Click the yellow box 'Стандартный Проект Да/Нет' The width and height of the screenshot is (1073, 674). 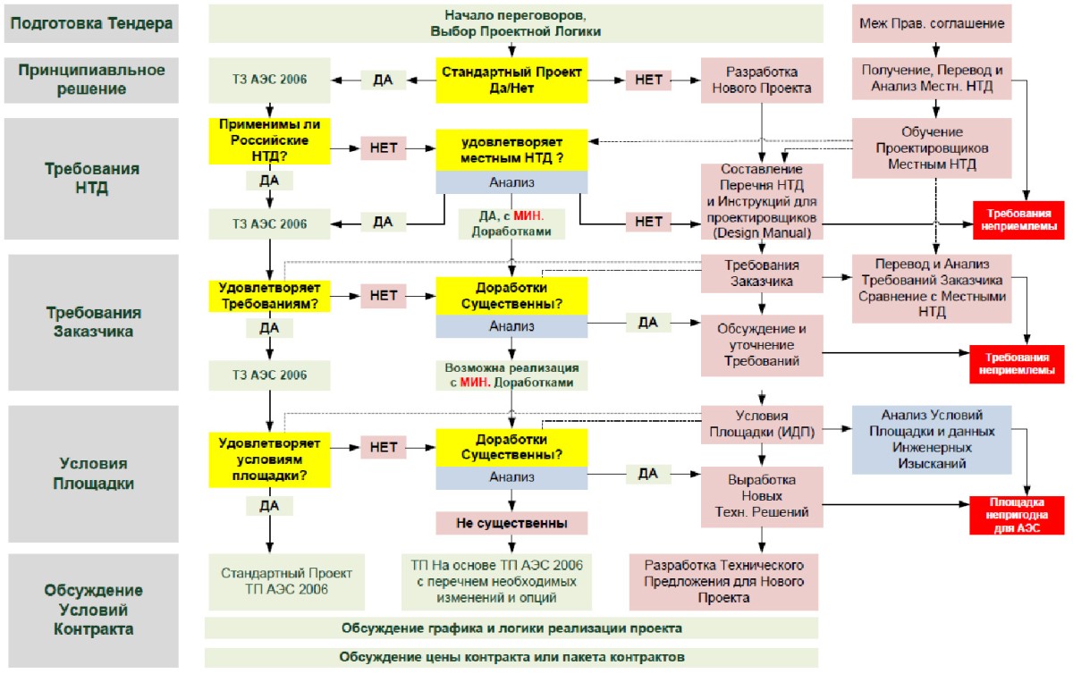point(511,80)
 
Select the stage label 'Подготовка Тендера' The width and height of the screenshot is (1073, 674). point(91,23)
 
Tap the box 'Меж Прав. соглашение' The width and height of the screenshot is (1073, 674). point(932,23)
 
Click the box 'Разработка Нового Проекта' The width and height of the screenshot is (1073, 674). point(762,80)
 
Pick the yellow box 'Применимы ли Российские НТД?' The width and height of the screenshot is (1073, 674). point(269,141)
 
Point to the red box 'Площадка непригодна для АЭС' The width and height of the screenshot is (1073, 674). point(1017,515)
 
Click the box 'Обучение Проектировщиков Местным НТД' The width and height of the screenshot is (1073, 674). point(932,148)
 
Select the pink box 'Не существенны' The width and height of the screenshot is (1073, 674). point(511,523)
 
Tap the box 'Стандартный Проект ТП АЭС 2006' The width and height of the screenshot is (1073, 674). point(286,582)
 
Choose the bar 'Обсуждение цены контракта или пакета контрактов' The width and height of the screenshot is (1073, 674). point(511,657)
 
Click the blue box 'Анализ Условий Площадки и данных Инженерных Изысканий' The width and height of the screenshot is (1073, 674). point(932,440)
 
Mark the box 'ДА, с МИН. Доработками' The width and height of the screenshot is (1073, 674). point(511,223)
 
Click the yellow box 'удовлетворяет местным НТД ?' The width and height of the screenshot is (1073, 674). point(511,150)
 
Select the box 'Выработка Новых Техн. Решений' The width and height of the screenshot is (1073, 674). point(762,497)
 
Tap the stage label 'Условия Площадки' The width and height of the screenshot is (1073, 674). point(93,474)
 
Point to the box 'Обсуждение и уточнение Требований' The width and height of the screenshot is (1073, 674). point(762,345)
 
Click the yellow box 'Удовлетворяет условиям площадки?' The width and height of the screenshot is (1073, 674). point(269,459)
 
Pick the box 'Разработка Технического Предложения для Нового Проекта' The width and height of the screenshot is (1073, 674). point(723,582)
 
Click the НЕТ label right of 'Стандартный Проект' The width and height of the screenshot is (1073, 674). point(648,80)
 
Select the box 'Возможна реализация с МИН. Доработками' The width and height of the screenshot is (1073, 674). point(511,375)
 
